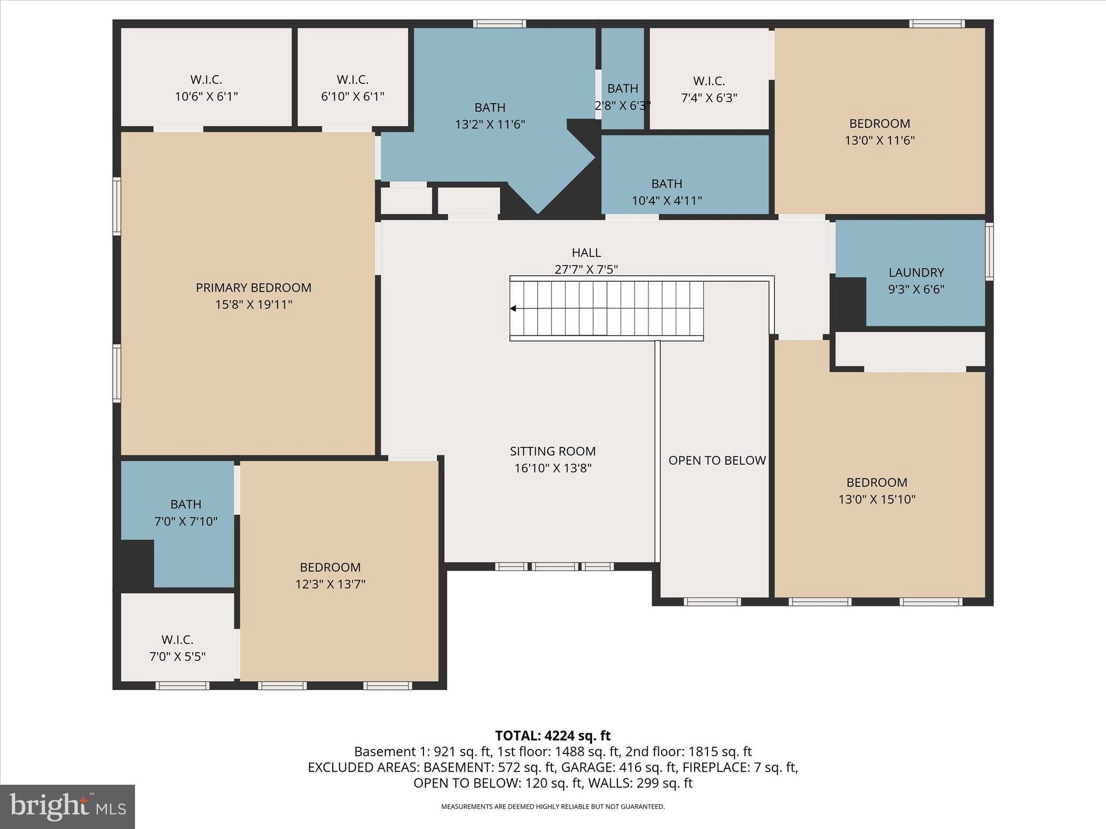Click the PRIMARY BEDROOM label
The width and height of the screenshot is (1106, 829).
pyautogui.click(x=253, y=288)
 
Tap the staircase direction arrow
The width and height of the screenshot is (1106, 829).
pyautogui.click(x=514, y=309)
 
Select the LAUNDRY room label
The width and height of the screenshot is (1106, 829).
pyautogui.click(x=916, y=273)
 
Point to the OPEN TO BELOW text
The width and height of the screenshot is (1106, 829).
pyautogui.click(x=717, y=460)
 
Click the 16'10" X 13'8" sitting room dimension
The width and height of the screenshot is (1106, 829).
pyautogui.click(x=552, y=468)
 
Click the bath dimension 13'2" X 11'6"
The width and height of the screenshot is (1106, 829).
pyautogui.click(x=490, y=125)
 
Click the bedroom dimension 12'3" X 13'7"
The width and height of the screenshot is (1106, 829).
pyautogui.click(x=330, y=584)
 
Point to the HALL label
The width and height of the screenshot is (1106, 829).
pyautogui.click(x=586, y=253)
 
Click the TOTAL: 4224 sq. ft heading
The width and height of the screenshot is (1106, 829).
pyautogui.click(x=552, y=736)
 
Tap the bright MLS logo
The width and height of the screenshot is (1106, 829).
pyautogui.click(x=68, y=806)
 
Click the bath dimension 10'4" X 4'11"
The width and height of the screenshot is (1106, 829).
pyautogui.click(x=666, y=201)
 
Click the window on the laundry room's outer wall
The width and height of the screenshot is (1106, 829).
pyautogui.click(x=989, y=252)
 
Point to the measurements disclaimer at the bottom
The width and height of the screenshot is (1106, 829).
pyautogui.click(x=552, y=807)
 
